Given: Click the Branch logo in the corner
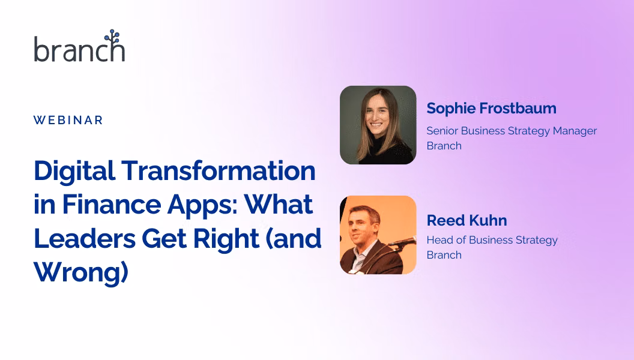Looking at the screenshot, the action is click(79, 46).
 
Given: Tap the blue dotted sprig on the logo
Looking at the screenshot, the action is click(113, 38).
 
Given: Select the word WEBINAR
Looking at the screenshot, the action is click(68, 120).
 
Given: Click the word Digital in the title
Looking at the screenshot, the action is click(74, 172).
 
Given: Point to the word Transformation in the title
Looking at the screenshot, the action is click(219, 170).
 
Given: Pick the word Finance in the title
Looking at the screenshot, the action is click(111, 205).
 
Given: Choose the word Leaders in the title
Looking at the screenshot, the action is click(85, 238).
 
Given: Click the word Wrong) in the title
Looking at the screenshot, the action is click(81, 273).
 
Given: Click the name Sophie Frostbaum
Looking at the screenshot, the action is click(491, 108).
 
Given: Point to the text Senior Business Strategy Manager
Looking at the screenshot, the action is click(512, 131).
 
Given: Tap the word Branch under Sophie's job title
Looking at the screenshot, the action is click(444, 146).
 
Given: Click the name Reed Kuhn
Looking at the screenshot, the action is click(466, 221).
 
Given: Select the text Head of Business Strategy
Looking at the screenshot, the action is click(492, 240).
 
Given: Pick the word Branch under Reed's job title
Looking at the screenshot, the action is click(444, 255).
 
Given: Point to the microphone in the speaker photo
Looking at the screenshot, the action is click(402, 242).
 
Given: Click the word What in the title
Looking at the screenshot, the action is click(279, 205).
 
